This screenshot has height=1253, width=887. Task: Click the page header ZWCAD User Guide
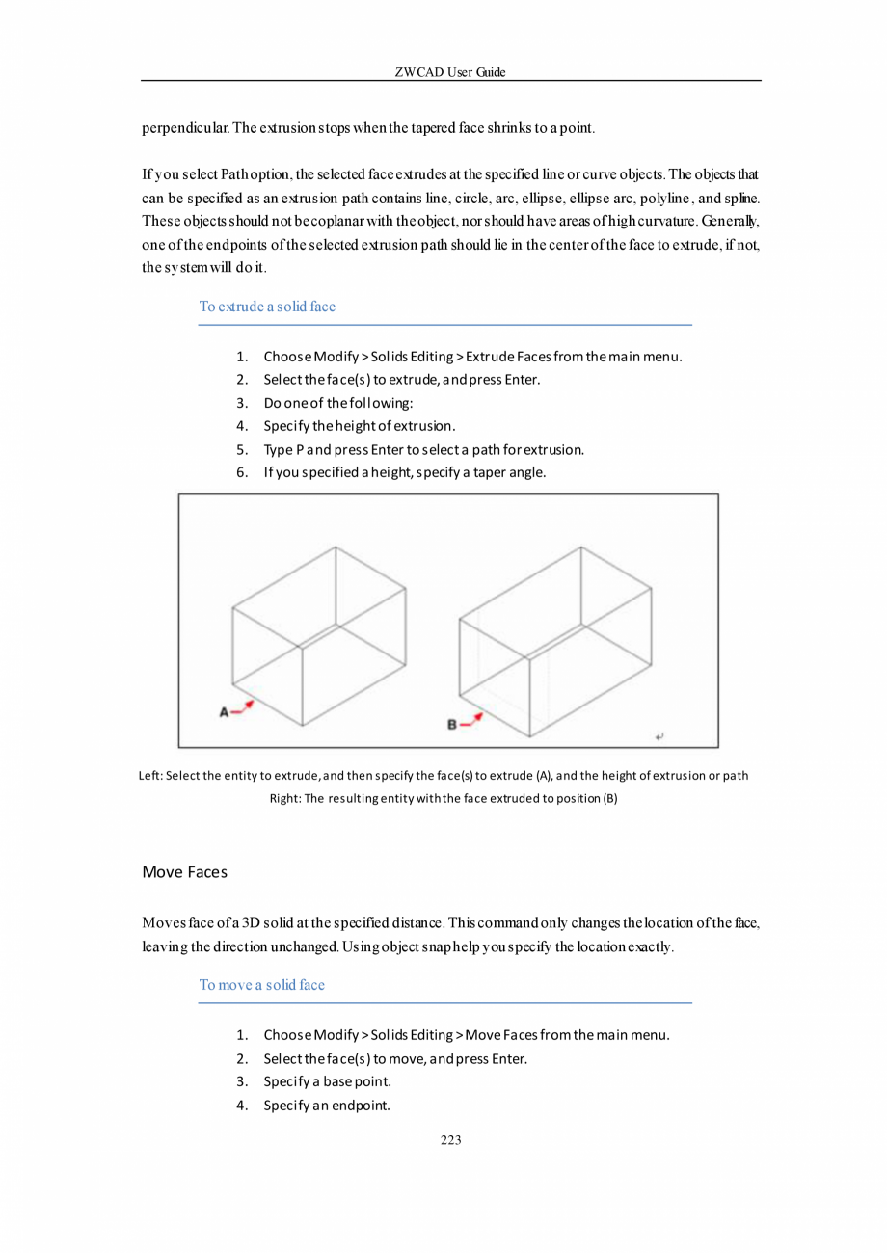pyautogui.click(x=450, y=72)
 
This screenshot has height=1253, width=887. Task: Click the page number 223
pyautogui.click(x=450, y=1140)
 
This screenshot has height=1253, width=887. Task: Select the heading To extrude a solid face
pyautogui.click(x=267, y=307)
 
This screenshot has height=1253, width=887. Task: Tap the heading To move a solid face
pyautogui.click(x=261, y=984)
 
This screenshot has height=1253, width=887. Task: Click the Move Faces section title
pyautogui.click(x=184, y=872)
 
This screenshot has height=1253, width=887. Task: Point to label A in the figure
pyautogui.click(x=224, y=712)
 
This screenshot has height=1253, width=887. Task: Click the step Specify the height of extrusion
pyautogui.click(x=359, y=426)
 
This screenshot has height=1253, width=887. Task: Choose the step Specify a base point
pyautogui.click(x=327, y=1081)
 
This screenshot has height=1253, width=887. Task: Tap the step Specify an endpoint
pyautogui.click(x=327, y=1105)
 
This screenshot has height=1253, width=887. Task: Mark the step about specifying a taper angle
pyautogui.click(x=405, y=472)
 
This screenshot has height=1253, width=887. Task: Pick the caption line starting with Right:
pyautogui.click(x=443, y=798)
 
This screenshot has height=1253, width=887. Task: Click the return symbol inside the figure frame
pyautogui.click(x=659, y=736)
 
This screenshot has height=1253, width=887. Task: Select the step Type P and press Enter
pyautogui.click(x=424, y=449)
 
